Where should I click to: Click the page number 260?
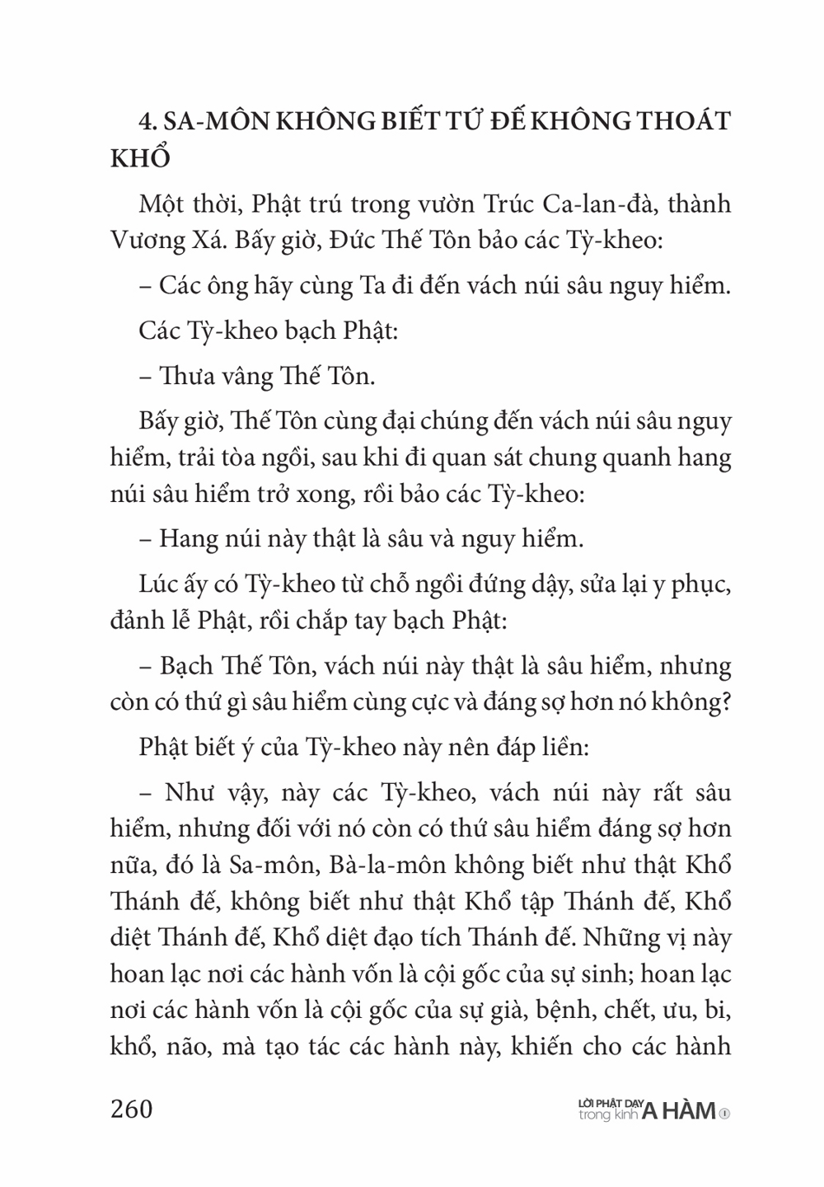[132, 1109]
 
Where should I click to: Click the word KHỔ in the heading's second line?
[140, 159]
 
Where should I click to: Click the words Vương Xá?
[157, 241]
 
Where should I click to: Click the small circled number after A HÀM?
[724, 1113]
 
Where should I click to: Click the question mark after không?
[725, 701]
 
